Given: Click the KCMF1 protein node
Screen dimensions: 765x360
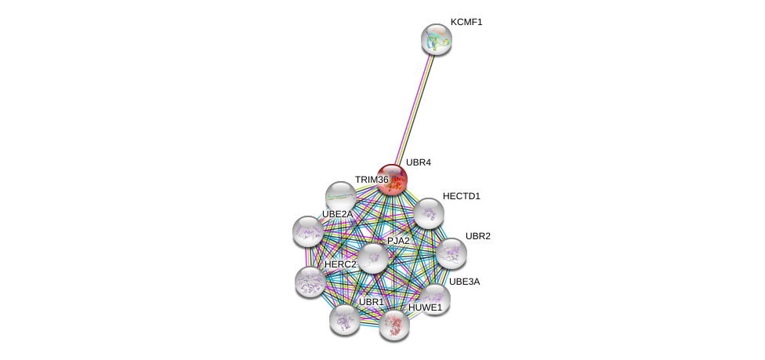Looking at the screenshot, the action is coord(436,39).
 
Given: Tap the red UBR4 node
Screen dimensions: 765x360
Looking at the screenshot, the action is coord(392,180).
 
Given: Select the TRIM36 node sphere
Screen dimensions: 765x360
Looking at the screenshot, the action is coord(340,197).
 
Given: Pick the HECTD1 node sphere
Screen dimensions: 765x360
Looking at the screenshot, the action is coord(429,213).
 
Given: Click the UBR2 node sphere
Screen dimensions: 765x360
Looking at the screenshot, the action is coord(451,253).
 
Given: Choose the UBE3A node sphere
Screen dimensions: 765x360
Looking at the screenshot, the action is coord(434,300).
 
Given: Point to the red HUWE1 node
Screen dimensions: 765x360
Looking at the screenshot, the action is coord(394,325).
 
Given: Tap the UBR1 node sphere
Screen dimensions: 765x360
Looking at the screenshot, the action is coord(344,320).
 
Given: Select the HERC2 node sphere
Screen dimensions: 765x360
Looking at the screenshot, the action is coord(310,282).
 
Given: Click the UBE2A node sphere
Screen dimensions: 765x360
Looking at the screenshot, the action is coord(308,231).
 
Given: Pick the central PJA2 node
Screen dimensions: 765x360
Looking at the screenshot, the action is coord(373,258).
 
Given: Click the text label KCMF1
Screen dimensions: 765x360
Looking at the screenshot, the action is coord(466,22).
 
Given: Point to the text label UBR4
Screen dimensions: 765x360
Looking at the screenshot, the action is coord(419,162).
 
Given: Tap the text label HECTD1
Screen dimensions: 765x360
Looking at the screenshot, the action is coord(462,196).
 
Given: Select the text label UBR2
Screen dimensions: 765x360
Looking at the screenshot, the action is coord(478,236).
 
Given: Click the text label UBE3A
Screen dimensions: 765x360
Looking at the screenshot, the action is coord(465,282).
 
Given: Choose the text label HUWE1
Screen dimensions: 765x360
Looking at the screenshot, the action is coord(425,307).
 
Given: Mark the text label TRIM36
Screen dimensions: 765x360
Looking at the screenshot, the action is coord(372,180).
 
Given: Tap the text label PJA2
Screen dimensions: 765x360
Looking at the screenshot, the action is coord(399,240).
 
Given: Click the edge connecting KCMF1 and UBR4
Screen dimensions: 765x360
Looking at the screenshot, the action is coord(414,110).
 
